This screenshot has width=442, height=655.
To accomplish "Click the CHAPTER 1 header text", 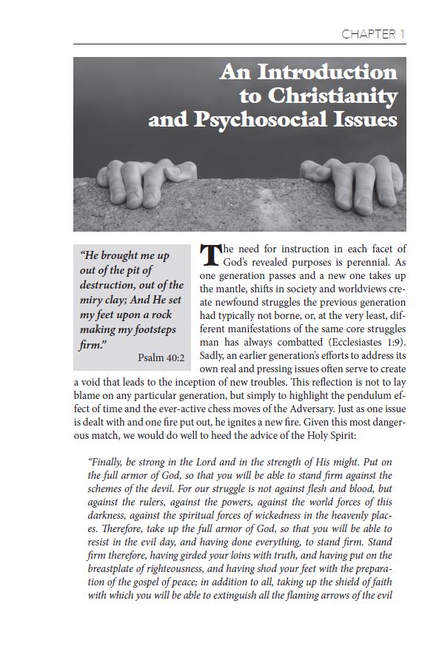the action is click(x=373, y=34).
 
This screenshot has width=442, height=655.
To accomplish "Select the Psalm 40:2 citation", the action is click(x=161, y=358).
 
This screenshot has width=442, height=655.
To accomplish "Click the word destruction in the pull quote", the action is click(x=111, y=285).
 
